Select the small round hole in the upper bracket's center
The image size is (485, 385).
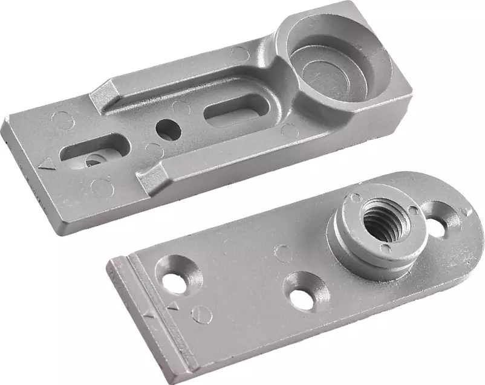167,127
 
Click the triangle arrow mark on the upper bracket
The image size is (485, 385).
44,164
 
